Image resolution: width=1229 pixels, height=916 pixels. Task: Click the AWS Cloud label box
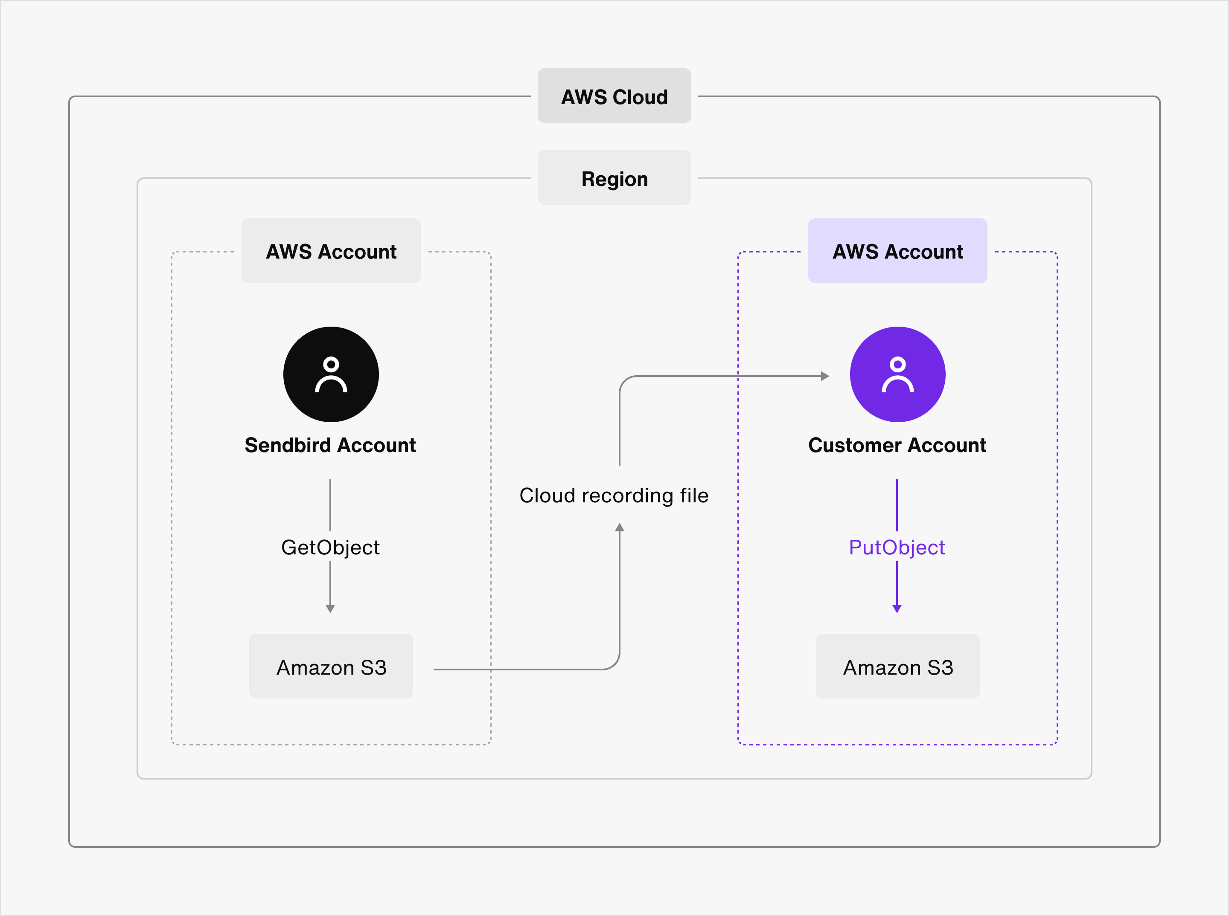[614, 96]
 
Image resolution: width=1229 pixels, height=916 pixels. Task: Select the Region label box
[614, 178]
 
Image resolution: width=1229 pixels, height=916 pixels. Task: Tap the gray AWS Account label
[331, 251]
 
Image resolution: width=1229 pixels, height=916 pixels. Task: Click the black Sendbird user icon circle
[331, 374]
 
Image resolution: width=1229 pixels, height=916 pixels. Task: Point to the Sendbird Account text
[330, 445]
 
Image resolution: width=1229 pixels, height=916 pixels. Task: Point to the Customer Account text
[897, 445]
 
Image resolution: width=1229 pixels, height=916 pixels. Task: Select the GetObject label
[330, 547]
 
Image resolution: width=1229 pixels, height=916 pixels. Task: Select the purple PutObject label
[897, 547]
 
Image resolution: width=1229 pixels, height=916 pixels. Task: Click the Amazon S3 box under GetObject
[331, 667]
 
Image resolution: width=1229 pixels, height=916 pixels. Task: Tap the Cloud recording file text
[614, 495]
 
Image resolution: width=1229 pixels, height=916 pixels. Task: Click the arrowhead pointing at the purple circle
[825, 376]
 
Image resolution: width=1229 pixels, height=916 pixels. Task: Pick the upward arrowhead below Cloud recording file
[620, 528]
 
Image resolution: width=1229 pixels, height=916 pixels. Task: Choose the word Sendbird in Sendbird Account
[288, 445]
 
